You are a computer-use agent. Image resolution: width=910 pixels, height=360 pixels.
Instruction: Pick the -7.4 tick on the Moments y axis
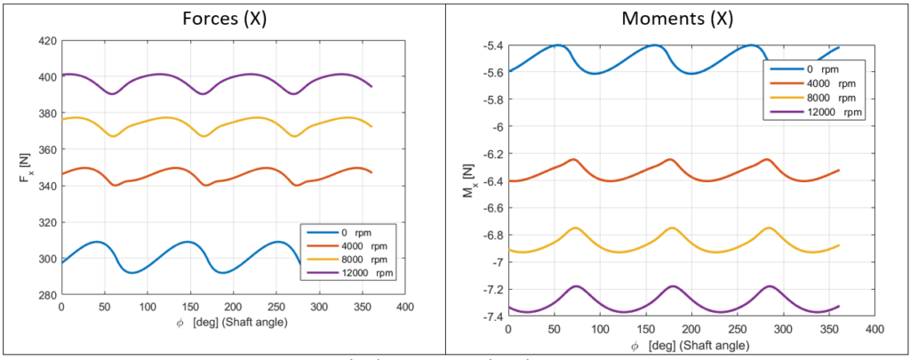point(487,316)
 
